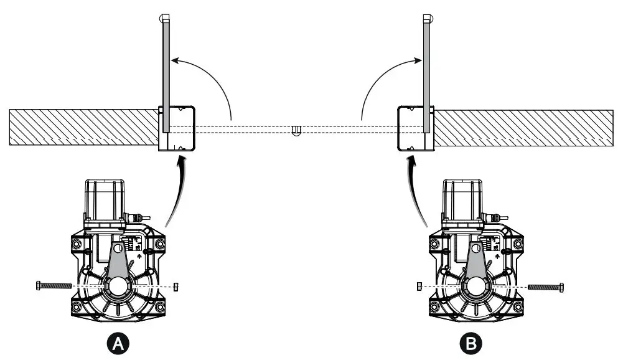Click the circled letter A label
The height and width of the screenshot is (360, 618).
click(118, 342)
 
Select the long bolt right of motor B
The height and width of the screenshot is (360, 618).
click(546, 287)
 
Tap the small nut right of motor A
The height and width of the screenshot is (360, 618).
click(175, 286)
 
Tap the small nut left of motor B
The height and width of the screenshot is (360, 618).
click(419, 286)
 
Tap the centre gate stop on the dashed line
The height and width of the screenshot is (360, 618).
click(296, 130)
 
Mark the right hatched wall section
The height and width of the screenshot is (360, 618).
click(523, 128)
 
